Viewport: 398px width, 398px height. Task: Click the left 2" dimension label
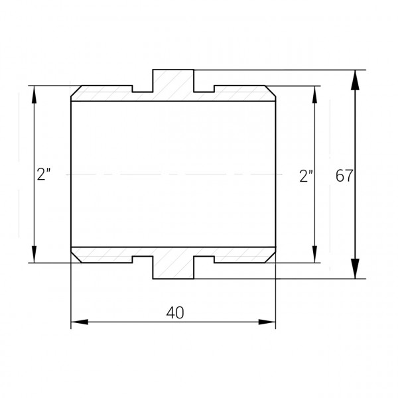coord(44,175)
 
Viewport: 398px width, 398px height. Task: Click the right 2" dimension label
coord(306,176)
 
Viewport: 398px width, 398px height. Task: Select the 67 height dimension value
coord(344,176)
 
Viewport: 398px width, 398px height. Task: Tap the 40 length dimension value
coord(176,312)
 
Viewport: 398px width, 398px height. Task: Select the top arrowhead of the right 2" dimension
coord(314,94)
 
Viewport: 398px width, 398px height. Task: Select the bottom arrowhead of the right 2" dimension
coord(314,255)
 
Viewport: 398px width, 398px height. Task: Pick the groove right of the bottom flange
coord(204,259)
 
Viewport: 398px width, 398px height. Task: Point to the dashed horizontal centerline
coord(173,174)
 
